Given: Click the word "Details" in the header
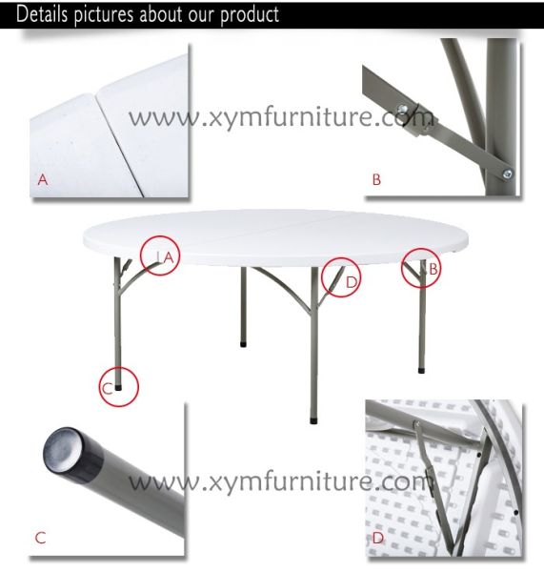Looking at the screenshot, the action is [42, 14].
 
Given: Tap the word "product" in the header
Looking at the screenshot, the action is [250, 15].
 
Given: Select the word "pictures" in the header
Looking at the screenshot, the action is [104, 15].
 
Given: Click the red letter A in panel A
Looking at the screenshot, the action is [43, 179].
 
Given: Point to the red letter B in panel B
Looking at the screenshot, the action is [376, 179].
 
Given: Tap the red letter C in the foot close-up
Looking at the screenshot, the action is [40, 538].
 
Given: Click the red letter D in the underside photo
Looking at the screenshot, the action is [378, 538].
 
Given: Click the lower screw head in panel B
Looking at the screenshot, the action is [507, 174].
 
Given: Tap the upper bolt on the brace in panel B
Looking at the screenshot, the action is [402, 109].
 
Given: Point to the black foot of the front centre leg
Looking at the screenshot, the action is [313, 421].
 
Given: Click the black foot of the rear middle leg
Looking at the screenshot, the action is [243, 343].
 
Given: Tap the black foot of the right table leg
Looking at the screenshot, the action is [421, 371].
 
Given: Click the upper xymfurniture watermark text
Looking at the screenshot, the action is [281, 117].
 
